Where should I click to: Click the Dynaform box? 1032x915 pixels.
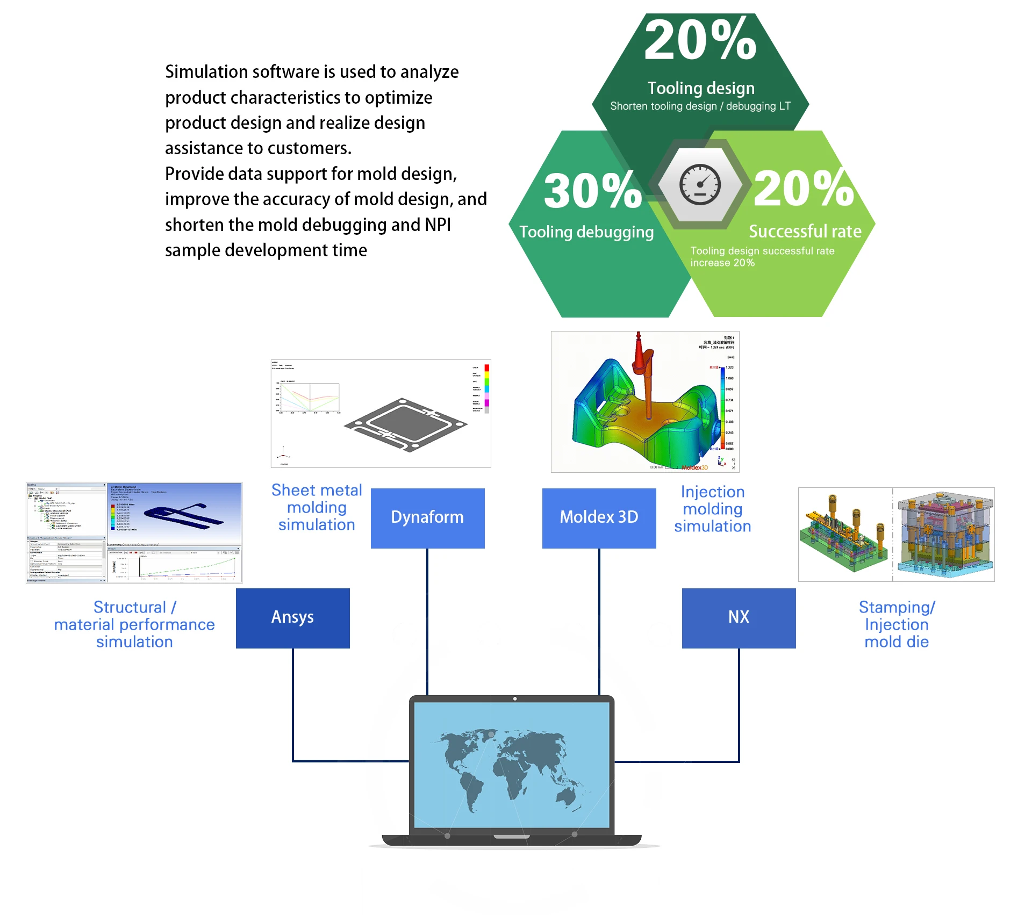(x=427, y=518)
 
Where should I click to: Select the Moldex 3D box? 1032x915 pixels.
(x=599, y=518)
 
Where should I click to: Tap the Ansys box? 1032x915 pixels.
(x=292, y=618)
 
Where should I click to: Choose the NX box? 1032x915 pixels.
(x=739, y=618)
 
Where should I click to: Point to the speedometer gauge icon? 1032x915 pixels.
(x=700, y=184)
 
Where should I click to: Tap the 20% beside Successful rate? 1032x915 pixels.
(x=803, y=189)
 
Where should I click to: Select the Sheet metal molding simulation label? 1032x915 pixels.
(x=317, y=507)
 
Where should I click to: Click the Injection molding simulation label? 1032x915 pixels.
(x=712, y=509)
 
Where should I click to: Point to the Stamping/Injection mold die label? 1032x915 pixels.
(x=897, y=624)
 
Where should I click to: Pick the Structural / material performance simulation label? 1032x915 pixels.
(x=134, y=624)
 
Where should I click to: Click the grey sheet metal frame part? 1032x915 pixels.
(x=406, y=424)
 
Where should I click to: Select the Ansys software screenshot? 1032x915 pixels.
(x=134, y=532)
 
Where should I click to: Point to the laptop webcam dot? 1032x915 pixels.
(x=515, y=699)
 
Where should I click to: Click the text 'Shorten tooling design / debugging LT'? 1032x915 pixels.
(x=700, y=106)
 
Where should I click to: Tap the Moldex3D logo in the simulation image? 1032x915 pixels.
(x=694, y=467)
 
